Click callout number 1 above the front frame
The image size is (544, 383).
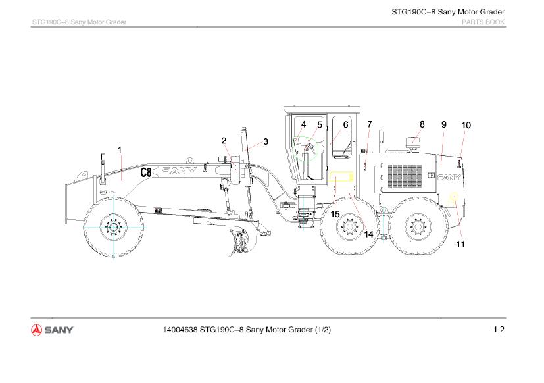coord(120,150)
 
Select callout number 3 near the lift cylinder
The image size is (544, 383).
coord(266,141)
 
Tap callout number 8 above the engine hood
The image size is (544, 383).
coord(422,123)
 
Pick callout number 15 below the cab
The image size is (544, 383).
coord(335,214)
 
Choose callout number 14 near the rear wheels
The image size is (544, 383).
coord(368,234)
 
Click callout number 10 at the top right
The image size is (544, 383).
coord(466,124)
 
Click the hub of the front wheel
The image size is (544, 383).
coord(113,228)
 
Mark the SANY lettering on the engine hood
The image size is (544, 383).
coord(449,176)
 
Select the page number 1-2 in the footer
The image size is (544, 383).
coord(499,329)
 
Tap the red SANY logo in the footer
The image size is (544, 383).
coord(52,329)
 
